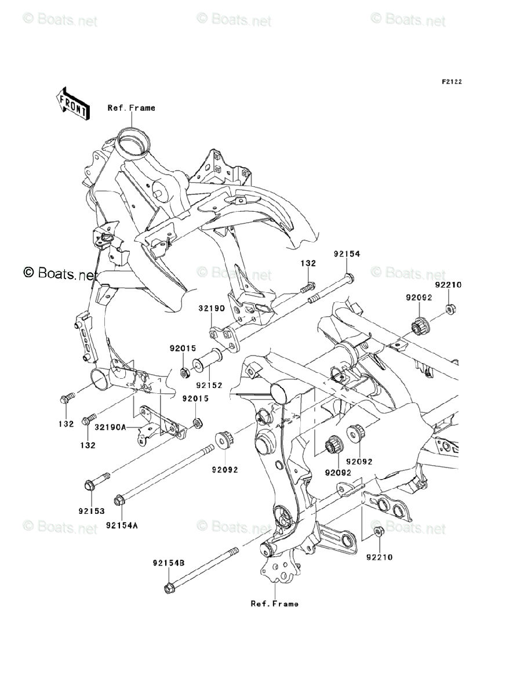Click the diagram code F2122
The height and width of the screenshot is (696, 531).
coord(452,82)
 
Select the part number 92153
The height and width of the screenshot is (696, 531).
coord(92,511)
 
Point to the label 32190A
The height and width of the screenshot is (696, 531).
coord(110,427)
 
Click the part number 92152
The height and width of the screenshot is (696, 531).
coord(209,385)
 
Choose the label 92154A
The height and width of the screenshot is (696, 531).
coord(122,525)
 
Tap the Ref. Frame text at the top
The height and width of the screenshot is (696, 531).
coord(131,108)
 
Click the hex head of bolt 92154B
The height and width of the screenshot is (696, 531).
coord(169,589)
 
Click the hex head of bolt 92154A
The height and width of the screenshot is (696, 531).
coord(118,501)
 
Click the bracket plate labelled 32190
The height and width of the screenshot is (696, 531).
coord(224,339)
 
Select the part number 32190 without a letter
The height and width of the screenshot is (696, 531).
coord(212,308)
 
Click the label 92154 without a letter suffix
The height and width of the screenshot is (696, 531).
coord(347,253)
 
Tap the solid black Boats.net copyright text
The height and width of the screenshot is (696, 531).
coord(60,273)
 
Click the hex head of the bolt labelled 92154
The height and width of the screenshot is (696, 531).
coord(349,278)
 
